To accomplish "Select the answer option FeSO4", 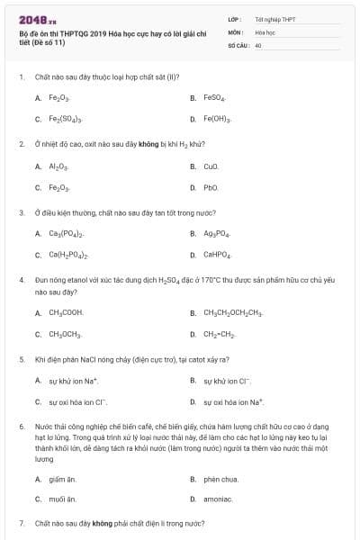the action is [214, 97].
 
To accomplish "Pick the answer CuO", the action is [211, 166].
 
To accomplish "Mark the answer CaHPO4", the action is [216, 256].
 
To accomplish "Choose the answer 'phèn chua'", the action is [221, 480].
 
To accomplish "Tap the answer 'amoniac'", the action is [218, 499].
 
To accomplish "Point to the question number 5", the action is [22, 359].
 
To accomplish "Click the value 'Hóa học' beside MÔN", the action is [265, 31].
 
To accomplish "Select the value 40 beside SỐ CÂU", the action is [258, 44].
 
